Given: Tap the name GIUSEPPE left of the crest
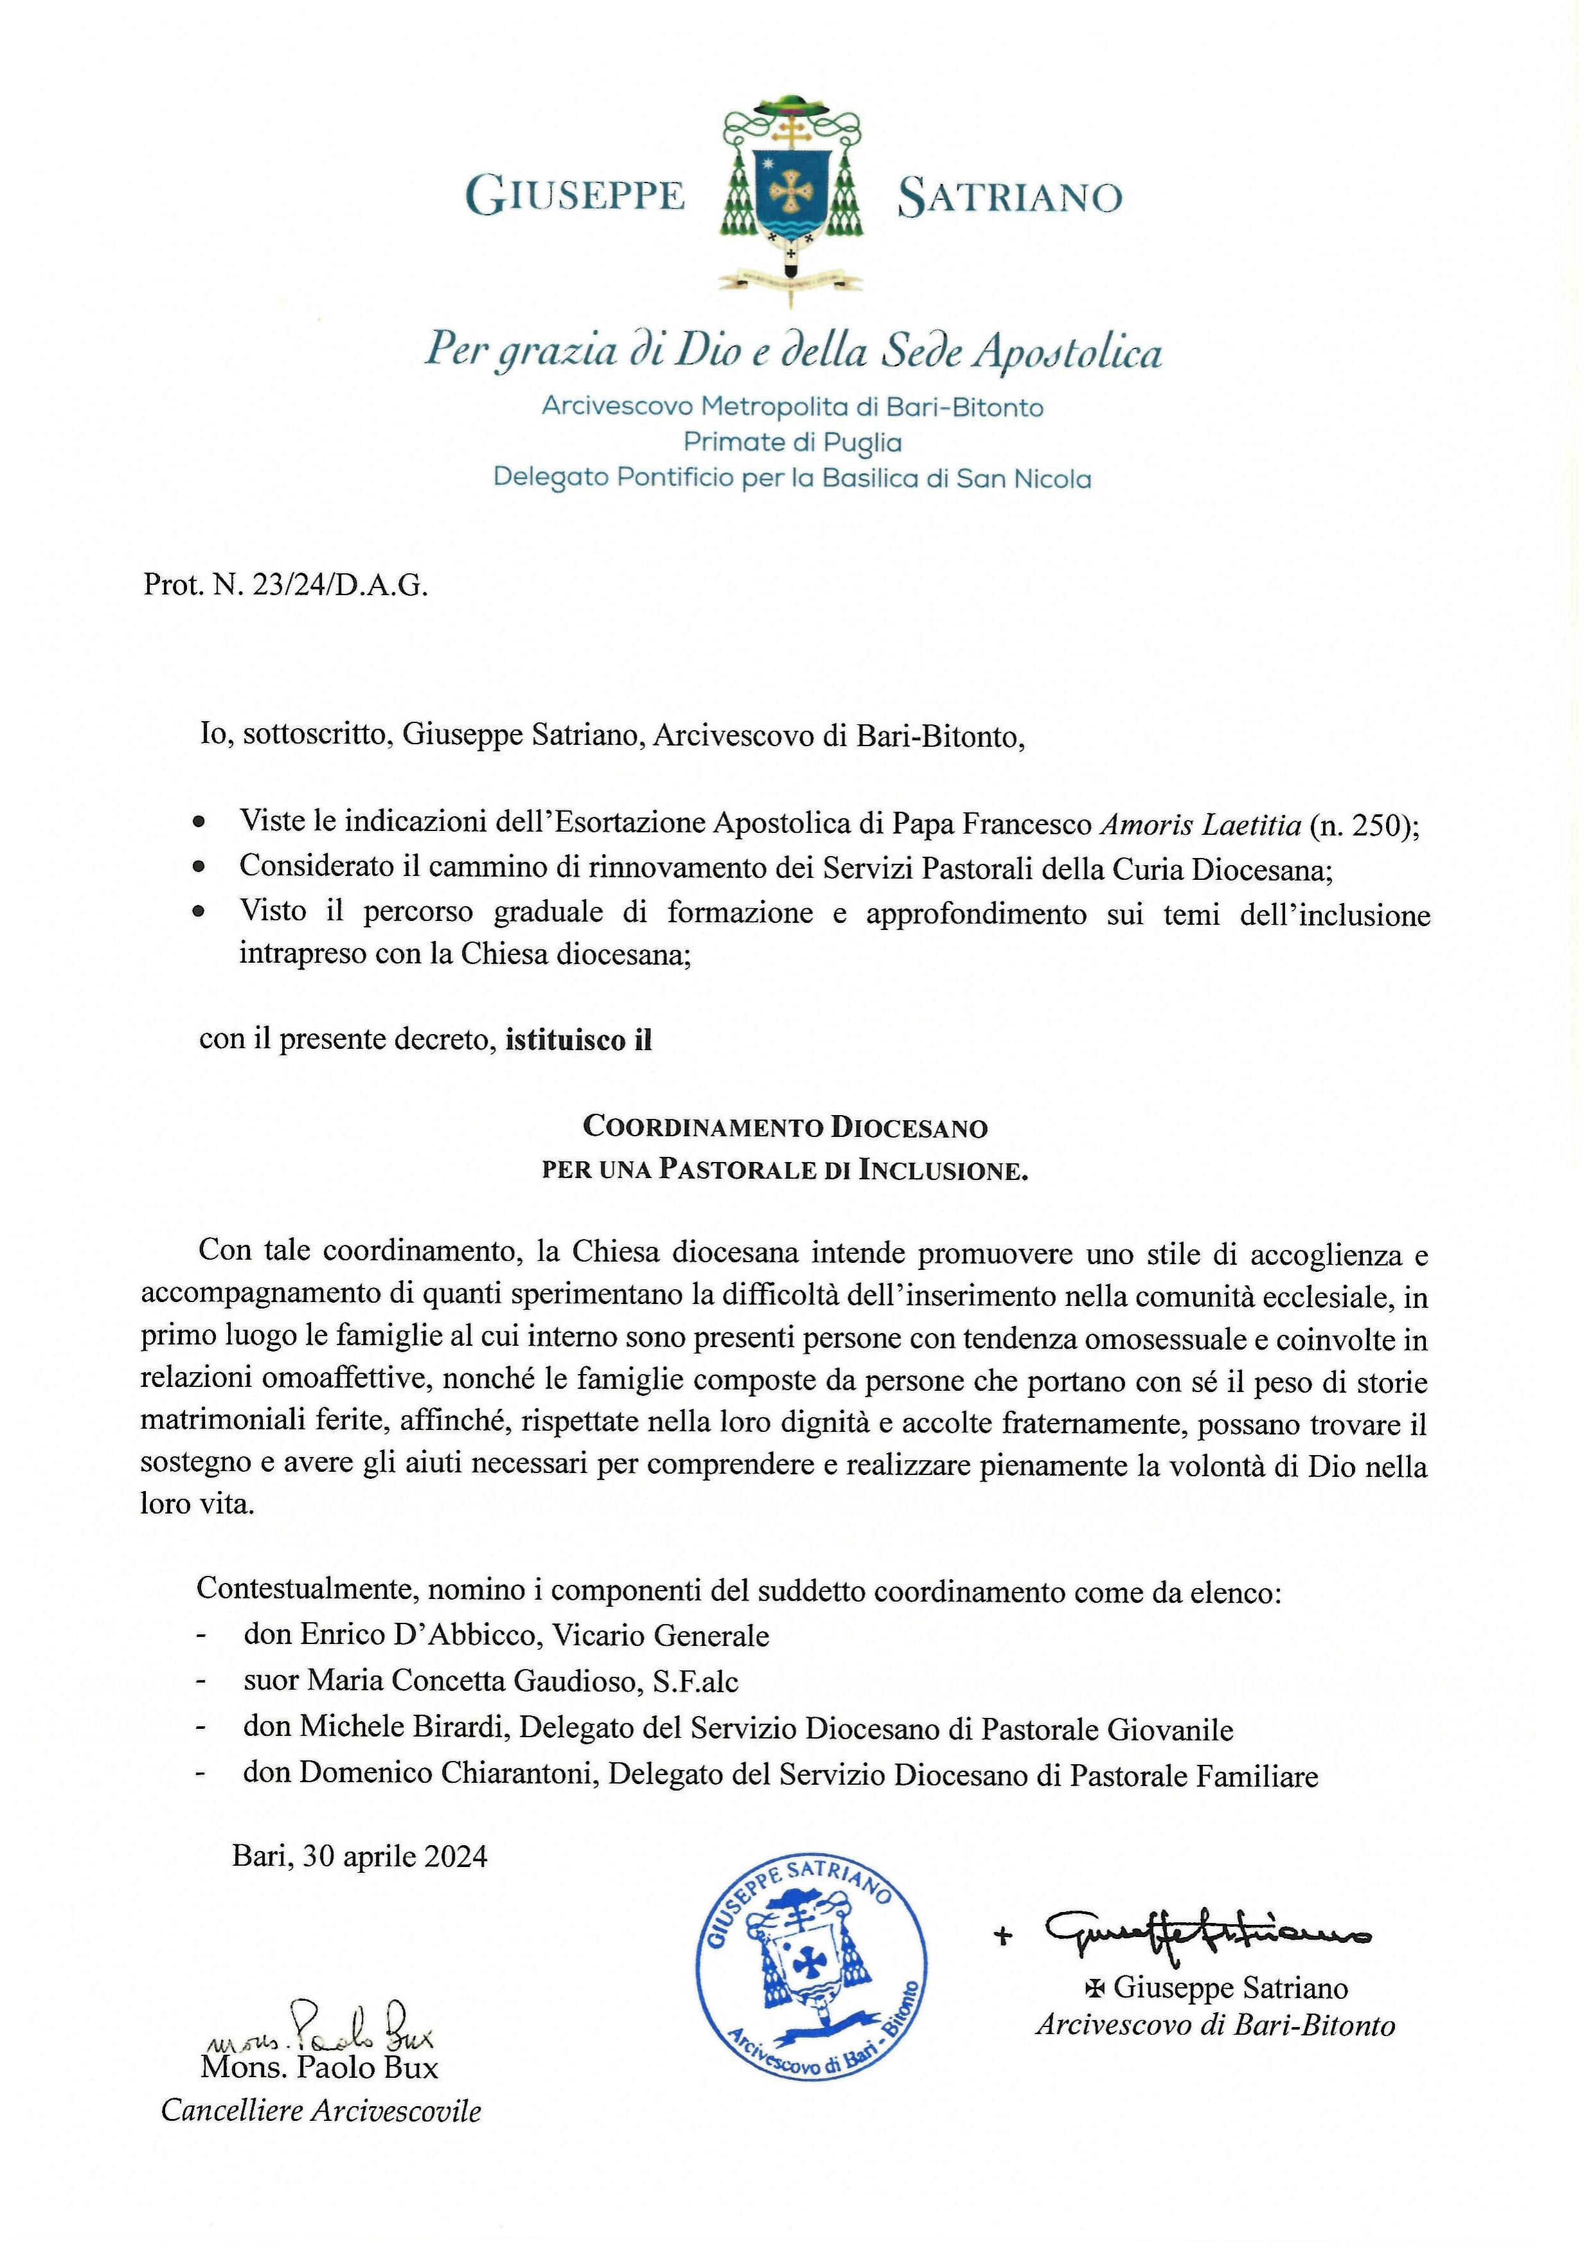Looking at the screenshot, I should point(575,195).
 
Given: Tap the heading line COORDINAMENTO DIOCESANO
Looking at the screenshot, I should point(785,1127).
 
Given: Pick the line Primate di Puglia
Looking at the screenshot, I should point(792,442).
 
